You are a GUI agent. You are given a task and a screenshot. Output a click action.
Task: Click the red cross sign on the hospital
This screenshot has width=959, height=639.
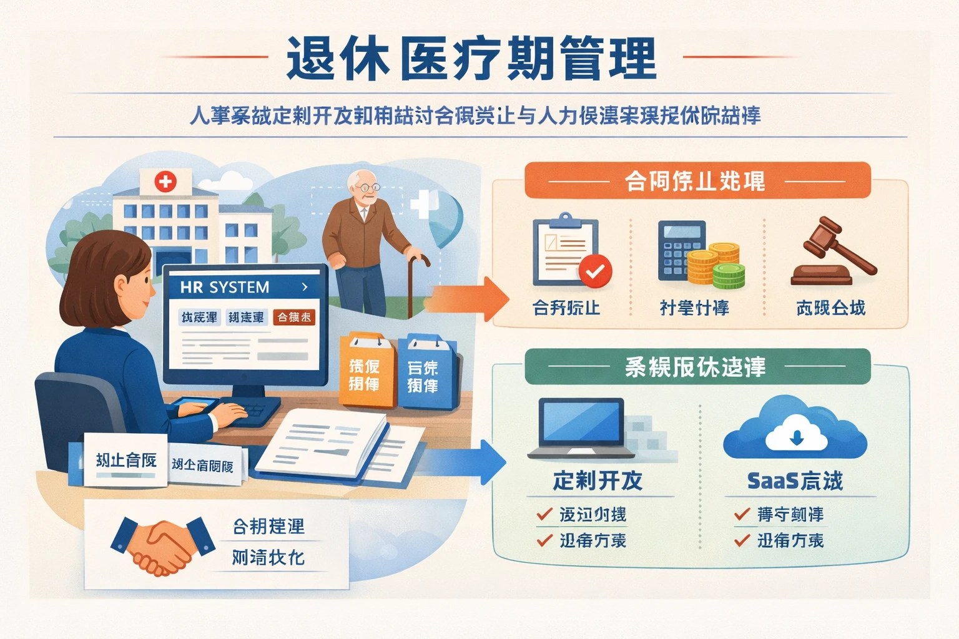[x=165, y=182]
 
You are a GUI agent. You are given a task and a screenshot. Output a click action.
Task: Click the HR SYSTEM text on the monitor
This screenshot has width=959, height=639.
[x=225, y=287]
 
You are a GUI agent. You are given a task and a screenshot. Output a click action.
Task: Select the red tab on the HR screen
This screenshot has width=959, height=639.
[x=294, y=317]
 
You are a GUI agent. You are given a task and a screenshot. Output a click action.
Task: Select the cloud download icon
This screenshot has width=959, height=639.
[x=795, y=427]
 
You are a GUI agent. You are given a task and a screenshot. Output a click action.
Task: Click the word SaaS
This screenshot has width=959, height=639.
[x=773, y=481]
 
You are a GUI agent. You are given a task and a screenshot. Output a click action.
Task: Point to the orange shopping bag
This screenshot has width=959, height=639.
[x=366, y=371]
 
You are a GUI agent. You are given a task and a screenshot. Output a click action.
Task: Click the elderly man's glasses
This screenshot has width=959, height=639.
[x=367, y=187]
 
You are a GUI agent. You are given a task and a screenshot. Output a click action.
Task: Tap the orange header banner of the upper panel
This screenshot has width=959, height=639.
[x=697, y=181]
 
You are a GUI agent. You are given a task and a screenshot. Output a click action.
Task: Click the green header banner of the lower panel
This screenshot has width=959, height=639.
[x=697, y=366]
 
